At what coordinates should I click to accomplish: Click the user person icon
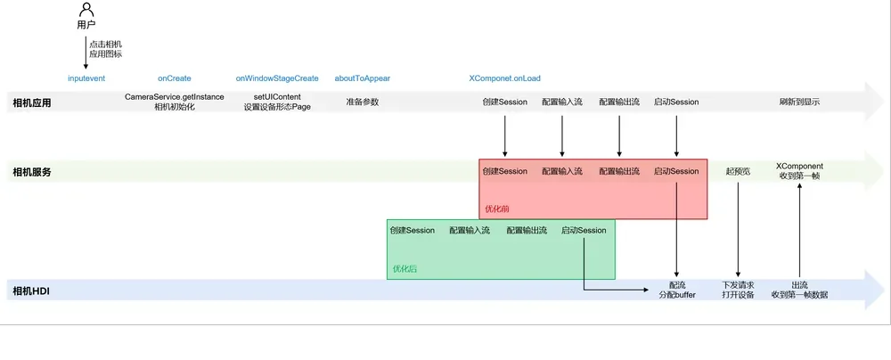[x=86, y=10]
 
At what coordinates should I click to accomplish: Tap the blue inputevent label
[x=86, y=78]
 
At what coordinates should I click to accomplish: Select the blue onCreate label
[x=175, y=78]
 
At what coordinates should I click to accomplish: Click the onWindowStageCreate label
[x=277, y=78]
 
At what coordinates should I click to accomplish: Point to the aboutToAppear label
[x=363, y=78]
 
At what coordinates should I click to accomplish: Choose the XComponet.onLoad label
[x=505, y=78]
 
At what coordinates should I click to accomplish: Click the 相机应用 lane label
[x=32, y=103]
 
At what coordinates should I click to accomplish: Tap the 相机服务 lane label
[x=32, y=172]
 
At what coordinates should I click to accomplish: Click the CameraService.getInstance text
[x=175, y=96]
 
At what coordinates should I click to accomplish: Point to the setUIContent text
[x=277, y=96]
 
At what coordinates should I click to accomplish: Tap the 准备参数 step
[x=363, y=102]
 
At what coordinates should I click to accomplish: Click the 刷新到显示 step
[x=799, y=102]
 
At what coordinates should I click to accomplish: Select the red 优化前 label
[x=497, y=209]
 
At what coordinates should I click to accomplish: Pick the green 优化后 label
[x=405, y=268]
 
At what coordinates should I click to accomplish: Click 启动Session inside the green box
[x=584, y=230]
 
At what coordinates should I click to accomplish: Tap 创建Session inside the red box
[x=504, y=171]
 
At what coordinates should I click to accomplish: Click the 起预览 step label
[x=738, y=171]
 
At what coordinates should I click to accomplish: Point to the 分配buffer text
[x=677, y=295]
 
